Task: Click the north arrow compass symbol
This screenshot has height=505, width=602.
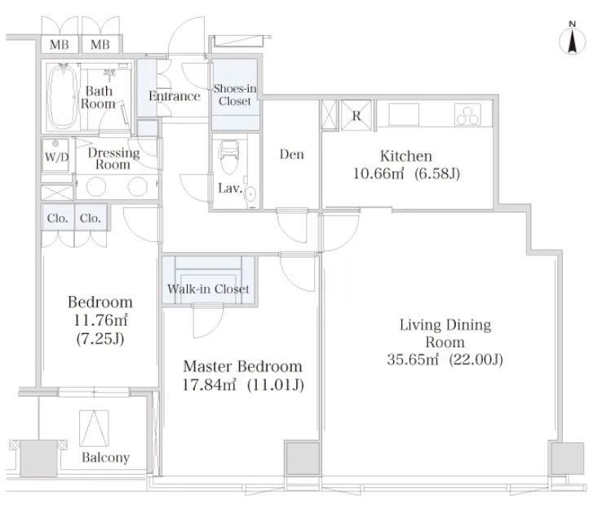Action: [572, 39]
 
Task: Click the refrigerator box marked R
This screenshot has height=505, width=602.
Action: [356, 115]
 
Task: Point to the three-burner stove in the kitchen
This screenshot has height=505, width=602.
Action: [467, 114]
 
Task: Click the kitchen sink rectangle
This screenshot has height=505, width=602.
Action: [404, 114]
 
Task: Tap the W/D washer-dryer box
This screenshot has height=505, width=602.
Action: [55, 156]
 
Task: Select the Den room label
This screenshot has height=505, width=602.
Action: [292, 154]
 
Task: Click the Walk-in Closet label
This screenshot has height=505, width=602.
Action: [209, 289]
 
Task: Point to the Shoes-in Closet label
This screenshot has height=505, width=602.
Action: [235, 95]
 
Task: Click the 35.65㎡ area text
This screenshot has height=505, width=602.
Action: [413, 360]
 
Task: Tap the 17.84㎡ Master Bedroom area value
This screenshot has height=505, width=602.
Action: [209, 384]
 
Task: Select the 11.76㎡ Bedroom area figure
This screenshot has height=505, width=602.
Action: [100, 320]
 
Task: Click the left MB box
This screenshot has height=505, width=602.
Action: [60, 45]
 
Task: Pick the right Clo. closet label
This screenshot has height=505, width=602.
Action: [91, 218]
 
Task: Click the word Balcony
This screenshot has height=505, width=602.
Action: [106, 458]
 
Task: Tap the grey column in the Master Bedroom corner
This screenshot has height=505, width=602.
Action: [302, 458]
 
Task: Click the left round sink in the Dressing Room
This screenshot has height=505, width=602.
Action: [96, 187]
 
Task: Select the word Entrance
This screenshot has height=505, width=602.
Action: [175, 96]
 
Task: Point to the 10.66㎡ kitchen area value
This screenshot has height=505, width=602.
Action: [379, 174]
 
